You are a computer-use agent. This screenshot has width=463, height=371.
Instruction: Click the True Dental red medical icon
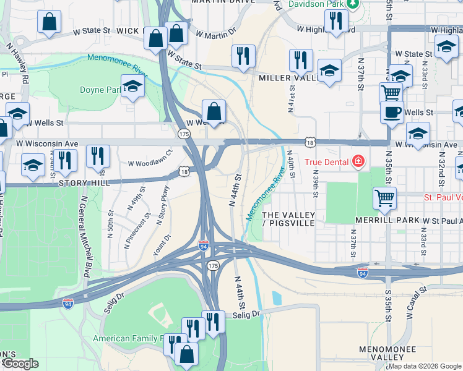click(357, 163)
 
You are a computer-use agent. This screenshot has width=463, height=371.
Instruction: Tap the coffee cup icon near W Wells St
click(392, 113)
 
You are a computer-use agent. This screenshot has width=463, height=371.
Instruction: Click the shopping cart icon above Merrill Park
click(384, 198)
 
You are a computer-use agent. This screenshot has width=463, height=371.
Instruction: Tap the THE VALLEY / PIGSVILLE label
click(288, 219)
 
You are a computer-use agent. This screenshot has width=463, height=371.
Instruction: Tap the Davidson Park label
click(317, 4)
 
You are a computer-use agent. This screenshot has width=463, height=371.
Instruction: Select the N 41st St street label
click(290, 94)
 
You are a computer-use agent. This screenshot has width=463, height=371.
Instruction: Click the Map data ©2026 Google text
click(425, 366)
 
